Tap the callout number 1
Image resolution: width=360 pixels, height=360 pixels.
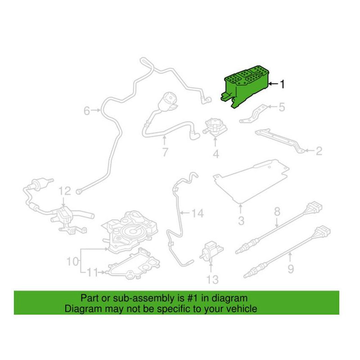[x=283, y=84]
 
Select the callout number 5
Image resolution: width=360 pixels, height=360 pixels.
[x=282, y=107]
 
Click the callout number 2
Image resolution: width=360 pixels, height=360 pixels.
[x=319, y=151]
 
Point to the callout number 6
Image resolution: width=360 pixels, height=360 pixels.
[x=86, y=109]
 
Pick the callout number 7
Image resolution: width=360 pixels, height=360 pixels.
[x=165, y=153]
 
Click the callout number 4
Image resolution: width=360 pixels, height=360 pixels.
[x=216, y=154]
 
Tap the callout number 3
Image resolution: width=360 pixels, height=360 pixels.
[x=241, y=221]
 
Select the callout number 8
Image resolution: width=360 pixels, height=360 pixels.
[x=277, y=211]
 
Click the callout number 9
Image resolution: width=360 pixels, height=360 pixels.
[x=290, y=269]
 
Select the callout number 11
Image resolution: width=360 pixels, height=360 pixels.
[x=92, y=272]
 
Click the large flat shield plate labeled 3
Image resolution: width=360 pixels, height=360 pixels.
[x=252, y=180]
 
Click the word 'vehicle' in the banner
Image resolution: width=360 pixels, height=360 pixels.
[x=242, y=309]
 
